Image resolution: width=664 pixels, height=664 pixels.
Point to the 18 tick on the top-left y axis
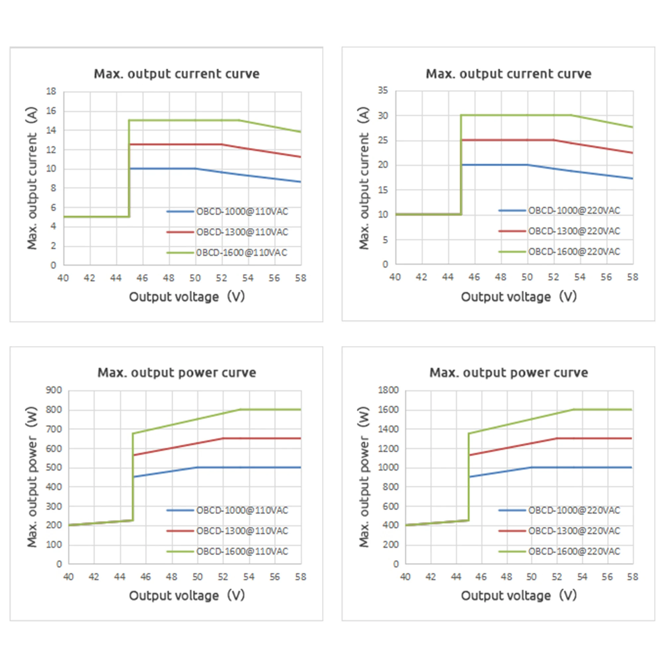point(51,91)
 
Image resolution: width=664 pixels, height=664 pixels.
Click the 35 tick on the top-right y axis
point(383,90)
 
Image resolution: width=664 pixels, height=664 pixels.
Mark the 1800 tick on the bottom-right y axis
point(388,390)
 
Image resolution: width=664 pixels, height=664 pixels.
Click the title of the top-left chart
point(177,74)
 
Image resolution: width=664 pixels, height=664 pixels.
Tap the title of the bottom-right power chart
point(509,373)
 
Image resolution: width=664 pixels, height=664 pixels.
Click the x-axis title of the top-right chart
point(519,296)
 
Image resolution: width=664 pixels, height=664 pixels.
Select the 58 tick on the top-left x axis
point(301,278)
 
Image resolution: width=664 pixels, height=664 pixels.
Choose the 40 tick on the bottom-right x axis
point(406,577)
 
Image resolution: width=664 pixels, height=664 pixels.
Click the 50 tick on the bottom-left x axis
point(197,577)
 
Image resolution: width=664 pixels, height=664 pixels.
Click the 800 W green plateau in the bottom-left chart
point(272,410)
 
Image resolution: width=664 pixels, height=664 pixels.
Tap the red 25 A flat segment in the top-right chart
point(507,140)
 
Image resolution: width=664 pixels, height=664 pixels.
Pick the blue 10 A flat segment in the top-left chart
point(162,168)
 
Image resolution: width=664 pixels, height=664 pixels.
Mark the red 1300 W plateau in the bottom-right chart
point(595,438)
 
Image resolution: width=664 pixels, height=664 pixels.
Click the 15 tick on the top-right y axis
point(383,190)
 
